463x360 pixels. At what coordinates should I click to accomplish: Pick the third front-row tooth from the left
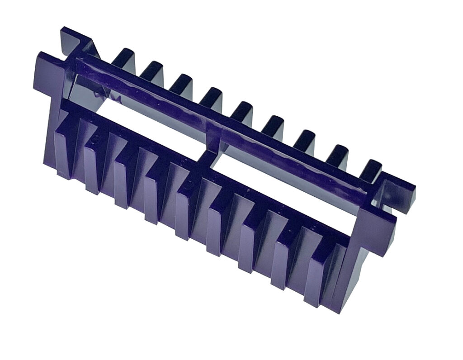[x=123, y=179]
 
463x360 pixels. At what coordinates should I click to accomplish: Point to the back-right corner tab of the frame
[x=400, y=190]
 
